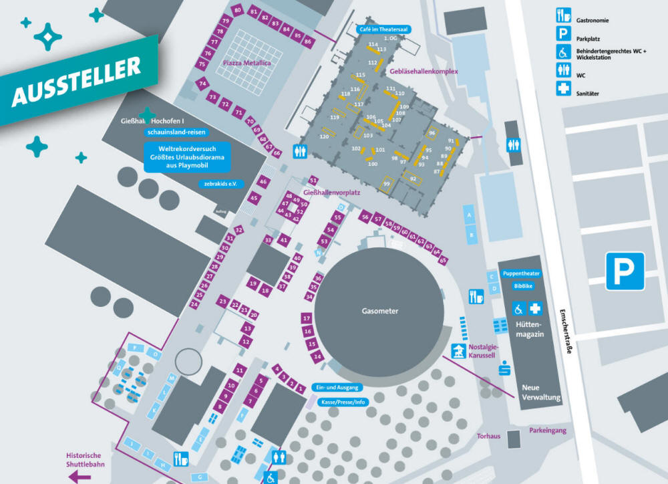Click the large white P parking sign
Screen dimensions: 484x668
625,271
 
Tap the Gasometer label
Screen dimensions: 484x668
380,311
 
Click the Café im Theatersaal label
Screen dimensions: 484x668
383,29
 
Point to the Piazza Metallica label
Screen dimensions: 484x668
247,63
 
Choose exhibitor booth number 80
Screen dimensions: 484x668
238,11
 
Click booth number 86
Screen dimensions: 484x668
307,41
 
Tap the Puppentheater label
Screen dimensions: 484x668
521,273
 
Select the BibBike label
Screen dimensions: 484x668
523,286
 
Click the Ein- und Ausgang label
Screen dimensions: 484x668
338,388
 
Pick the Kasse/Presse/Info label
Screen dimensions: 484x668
343,402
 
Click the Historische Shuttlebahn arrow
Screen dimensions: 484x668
81,477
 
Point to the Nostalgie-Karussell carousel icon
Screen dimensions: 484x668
458,350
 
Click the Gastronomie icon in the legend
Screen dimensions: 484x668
564,15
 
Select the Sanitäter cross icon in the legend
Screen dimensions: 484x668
564,88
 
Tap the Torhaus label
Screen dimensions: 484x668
488,437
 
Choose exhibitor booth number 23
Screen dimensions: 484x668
222,301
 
